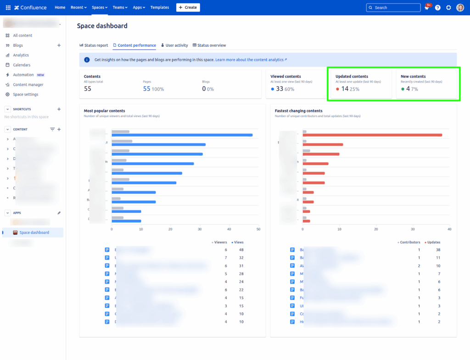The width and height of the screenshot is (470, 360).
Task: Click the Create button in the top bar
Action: click(x=188, y=7)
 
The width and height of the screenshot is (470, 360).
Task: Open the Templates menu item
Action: click(x=160, y=7)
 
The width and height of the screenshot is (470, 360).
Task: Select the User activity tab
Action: click(x=174, y=45)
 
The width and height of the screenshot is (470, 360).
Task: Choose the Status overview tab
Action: click(x=209, y=45)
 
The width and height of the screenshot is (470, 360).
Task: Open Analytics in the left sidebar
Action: click(x=21, y=55)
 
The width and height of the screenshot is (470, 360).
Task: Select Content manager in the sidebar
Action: click(x=28, y=84)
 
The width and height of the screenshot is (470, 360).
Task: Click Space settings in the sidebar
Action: click(x=25, y=94)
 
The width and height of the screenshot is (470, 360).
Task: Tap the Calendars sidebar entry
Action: click(x=22, y=65)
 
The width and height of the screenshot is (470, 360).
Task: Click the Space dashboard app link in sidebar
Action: click(x=34, y=233)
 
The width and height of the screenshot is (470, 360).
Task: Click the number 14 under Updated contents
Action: click(x=345, y=89)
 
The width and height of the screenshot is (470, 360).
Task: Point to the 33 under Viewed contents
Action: click(x=279, y=89)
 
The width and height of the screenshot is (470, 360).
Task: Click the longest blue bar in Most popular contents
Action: click(x=182, y=135)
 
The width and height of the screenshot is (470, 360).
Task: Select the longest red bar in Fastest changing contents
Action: click(x=372, y=135)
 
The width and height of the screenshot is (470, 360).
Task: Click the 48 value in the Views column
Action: click(x=241, y=250)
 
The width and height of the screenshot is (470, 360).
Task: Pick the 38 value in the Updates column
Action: click(x=438, y=250)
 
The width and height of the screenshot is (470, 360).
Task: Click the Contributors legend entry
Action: click(x=409, y=242)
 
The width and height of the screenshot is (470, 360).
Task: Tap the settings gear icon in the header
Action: click(x=448, y=8)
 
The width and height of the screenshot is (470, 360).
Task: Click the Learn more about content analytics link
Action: click(x=251, y=60)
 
